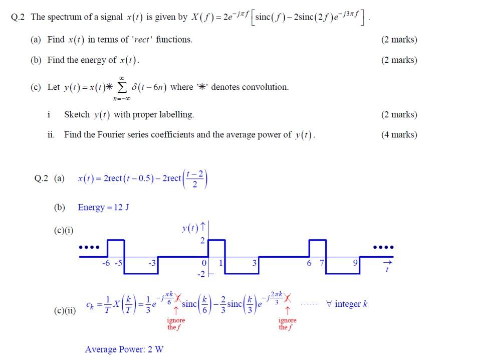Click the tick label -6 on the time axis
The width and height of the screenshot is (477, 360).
pos(105,263)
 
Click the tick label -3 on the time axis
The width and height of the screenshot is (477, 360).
pos(152,263)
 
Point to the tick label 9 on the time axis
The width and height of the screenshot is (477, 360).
pos(355,263)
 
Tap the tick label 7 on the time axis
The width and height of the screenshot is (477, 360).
pos(322,263)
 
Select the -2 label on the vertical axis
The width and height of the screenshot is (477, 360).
pos(200,274)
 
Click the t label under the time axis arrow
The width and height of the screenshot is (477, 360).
pos(387,270)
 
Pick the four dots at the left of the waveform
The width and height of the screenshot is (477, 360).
pos(89,247)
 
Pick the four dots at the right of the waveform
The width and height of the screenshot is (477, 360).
pos(383,247)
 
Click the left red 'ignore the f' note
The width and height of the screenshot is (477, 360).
pos(176,323)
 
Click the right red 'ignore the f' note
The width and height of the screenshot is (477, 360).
pos(288,323)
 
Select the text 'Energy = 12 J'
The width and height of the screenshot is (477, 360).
pos(103,207)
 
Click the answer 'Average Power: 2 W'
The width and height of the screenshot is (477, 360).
pos(124,349)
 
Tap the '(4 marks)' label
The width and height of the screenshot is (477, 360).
pos(399,134)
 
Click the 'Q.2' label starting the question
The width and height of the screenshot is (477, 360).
pos(18,17)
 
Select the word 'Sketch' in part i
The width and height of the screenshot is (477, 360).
pos(77,114)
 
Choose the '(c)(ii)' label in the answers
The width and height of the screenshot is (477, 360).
pos(65,311)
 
